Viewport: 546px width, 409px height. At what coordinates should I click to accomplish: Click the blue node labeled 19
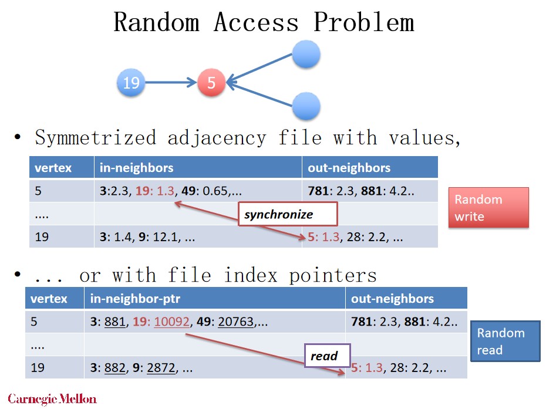(130, 83)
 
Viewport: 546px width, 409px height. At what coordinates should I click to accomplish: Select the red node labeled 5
(211, 83)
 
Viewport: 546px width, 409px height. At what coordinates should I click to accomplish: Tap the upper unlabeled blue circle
(305, 55)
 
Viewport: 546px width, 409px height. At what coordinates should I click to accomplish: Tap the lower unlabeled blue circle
(305, 107)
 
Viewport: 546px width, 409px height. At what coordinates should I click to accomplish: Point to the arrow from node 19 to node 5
(170, 83)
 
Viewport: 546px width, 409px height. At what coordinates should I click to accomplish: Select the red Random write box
(488, 208)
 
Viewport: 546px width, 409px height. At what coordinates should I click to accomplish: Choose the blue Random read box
(505, 341)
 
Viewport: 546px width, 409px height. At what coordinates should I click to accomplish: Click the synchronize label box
(287, 214)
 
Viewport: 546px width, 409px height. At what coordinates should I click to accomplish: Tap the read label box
(326, 356)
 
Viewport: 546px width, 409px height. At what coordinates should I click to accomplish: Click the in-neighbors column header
(137, 168)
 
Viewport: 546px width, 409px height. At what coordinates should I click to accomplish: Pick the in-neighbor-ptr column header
(135, 299)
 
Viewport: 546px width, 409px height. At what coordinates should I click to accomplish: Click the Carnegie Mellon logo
(52, 398)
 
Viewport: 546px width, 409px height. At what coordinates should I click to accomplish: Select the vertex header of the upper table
(53, 168)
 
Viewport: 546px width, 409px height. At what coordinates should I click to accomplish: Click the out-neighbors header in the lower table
(392, 299)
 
